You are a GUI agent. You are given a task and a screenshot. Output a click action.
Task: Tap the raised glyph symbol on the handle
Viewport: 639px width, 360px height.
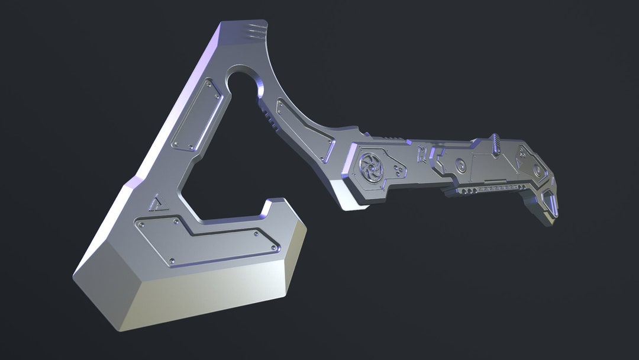(422, 155)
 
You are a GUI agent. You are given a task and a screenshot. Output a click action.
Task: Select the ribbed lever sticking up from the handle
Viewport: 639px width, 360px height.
(495, 144)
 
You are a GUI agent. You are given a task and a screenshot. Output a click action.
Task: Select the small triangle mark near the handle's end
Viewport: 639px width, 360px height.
(521, 160)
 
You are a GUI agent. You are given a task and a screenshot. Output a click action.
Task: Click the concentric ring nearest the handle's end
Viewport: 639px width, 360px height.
(537, 171)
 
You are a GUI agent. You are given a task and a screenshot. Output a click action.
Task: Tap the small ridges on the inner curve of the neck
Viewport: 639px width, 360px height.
(270, 119)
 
